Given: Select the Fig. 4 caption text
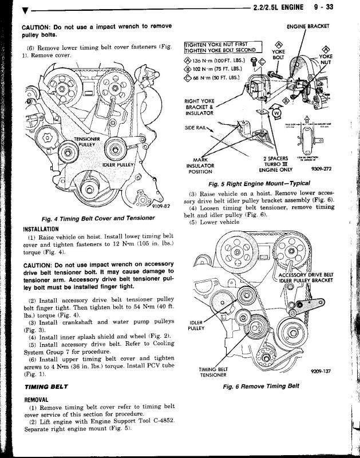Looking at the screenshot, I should [x=96, y=219].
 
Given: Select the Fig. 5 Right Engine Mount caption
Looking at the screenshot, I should [x=268, y=183].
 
